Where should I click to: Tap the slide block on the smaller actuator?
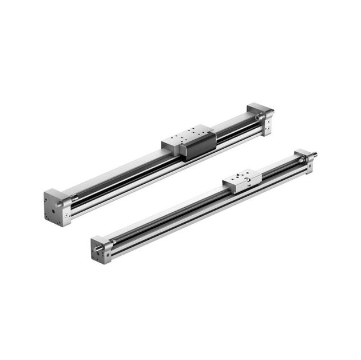coord(242,181)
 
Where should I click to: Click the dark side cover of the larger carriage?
coord(197,147)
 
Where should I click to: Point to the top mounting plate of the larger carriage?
coord(184,138)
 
